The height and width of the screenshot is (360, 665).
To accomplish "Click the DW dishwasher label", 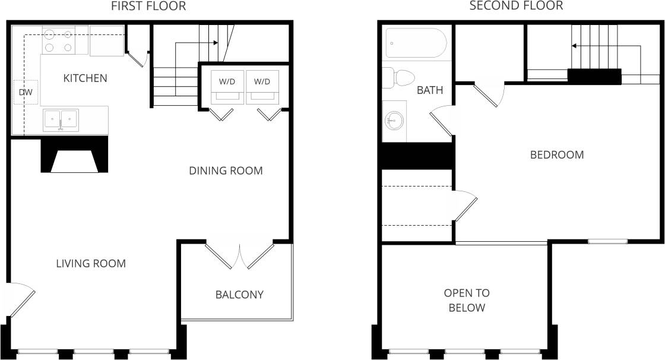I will pos(26,92).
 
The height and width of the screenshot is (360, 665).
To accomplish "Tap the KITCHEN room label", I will pos(85,78).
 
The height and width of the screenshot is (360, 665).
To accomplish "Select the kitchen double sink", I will pos(61,120).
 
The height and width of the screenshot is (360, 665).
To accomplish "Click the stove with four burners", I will pos(58,40).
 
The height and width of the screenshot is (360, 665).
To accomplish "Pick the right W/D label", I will pos(261,81).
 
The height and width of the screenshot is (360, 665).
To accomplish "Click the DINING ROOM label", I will pos(226,171).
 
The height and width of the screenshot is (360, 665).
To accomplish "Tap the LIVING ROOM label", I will pos(91,263).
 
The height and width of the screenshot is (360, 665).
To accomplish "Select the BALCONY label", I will pos(239,295).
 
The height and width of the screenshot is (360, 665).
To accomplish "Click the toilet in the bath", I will pos(398,78).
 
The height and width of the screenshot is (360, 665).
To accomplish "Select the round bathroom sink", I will pos(393,122).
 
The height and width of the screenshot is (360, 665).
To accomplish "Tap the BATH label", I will pos(430,90).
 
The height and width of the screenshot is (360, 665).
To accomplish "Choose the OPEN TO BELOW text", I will pos(467,300).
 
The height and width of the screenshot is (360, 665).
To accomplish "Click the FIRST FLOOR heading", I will pos(148,7).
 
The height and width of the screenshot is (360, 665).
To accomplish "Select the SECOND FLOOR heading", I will pos(515,7).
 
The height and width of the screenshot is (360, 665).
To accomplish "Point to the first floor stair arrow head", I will pos(217,43).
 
